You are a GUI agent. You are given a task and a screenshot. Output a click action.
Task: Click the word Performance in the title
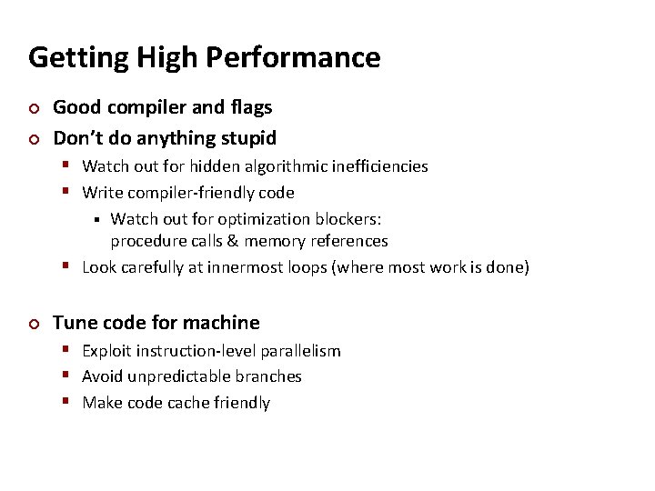[293, 57]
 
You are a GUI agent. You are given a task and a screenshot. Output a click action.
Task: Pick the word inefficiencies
[381, 166]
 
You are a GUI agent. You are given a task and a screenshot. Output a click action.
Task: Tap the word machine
[223, 323]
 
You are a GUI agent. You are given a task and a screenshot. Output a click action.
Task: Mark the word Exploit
[106, 351]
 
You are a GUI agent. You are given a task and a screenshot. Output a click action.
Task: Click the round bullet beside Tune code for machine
[34, 324]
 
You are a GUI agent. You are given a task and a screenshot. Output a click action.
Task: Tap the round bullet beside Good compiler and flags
[34, 108]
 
